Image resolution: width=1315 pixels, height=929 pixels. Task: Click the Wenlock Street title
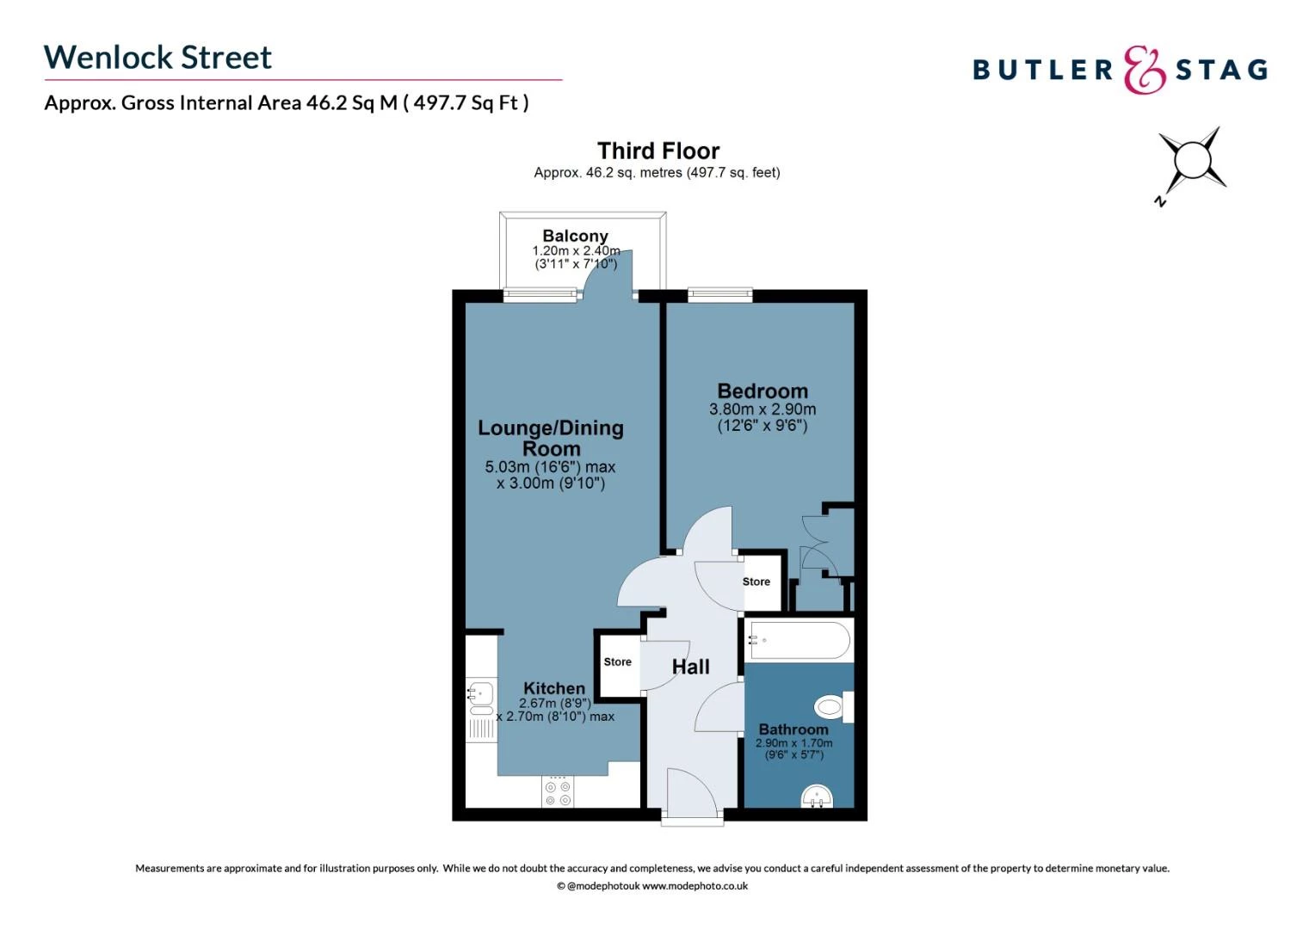pyautogui.click(x=157, y=58)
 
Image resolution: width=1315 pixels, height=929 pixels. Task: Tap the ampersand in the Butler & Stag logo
pyautogui.click(x=1145, y=70)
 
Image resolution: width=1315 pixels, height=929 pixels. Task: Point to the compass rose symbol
pyautogui.click(x=1192, y=161)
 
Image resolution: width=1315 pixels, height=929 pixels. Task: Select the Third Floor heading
pyautogui.click(x=658, y=151)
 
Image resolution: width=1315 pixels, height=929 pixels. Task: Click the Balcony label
pyautogui.click(x=575, y=236)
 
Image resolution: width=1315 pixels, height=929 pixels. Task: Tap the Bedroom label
pyautogui.click(x=762, y=391)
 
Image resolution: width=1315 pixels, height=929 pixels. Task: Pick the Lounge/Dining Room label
pyautogui.click(x=551, y=438)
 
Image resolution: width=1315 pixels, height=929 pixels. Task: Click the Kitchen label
pyautogui.click(x=554, y=688)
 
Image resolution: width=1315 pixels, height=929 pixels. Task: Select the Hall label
pyautogui.click(x=690, y=667)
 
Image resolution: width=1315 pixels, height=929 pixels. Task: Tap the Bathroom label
pyautogui.click(x=793, y=729)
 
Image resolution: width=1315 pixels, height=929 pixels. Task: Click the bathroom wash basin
pyautogui.click(x=817, y=797)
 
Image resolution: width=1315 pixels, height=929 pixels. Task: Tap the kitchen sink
pyautogui.click(x=480, y=692)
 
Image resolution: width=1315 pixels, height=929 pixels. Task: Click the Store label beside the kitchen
pyautogui.click(x=617, y=661)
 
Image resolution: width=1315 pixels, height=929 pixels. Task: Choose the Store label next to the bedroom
pyautogui.click(x=756, y=581)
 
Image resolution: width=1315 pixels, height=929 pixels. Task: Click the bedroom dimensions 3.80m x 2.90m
pyautogui.click(x=762, y=409)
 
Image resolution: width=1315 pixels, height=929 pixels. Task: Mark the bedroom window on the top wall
pyautogui.click(x=720, y=295)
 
